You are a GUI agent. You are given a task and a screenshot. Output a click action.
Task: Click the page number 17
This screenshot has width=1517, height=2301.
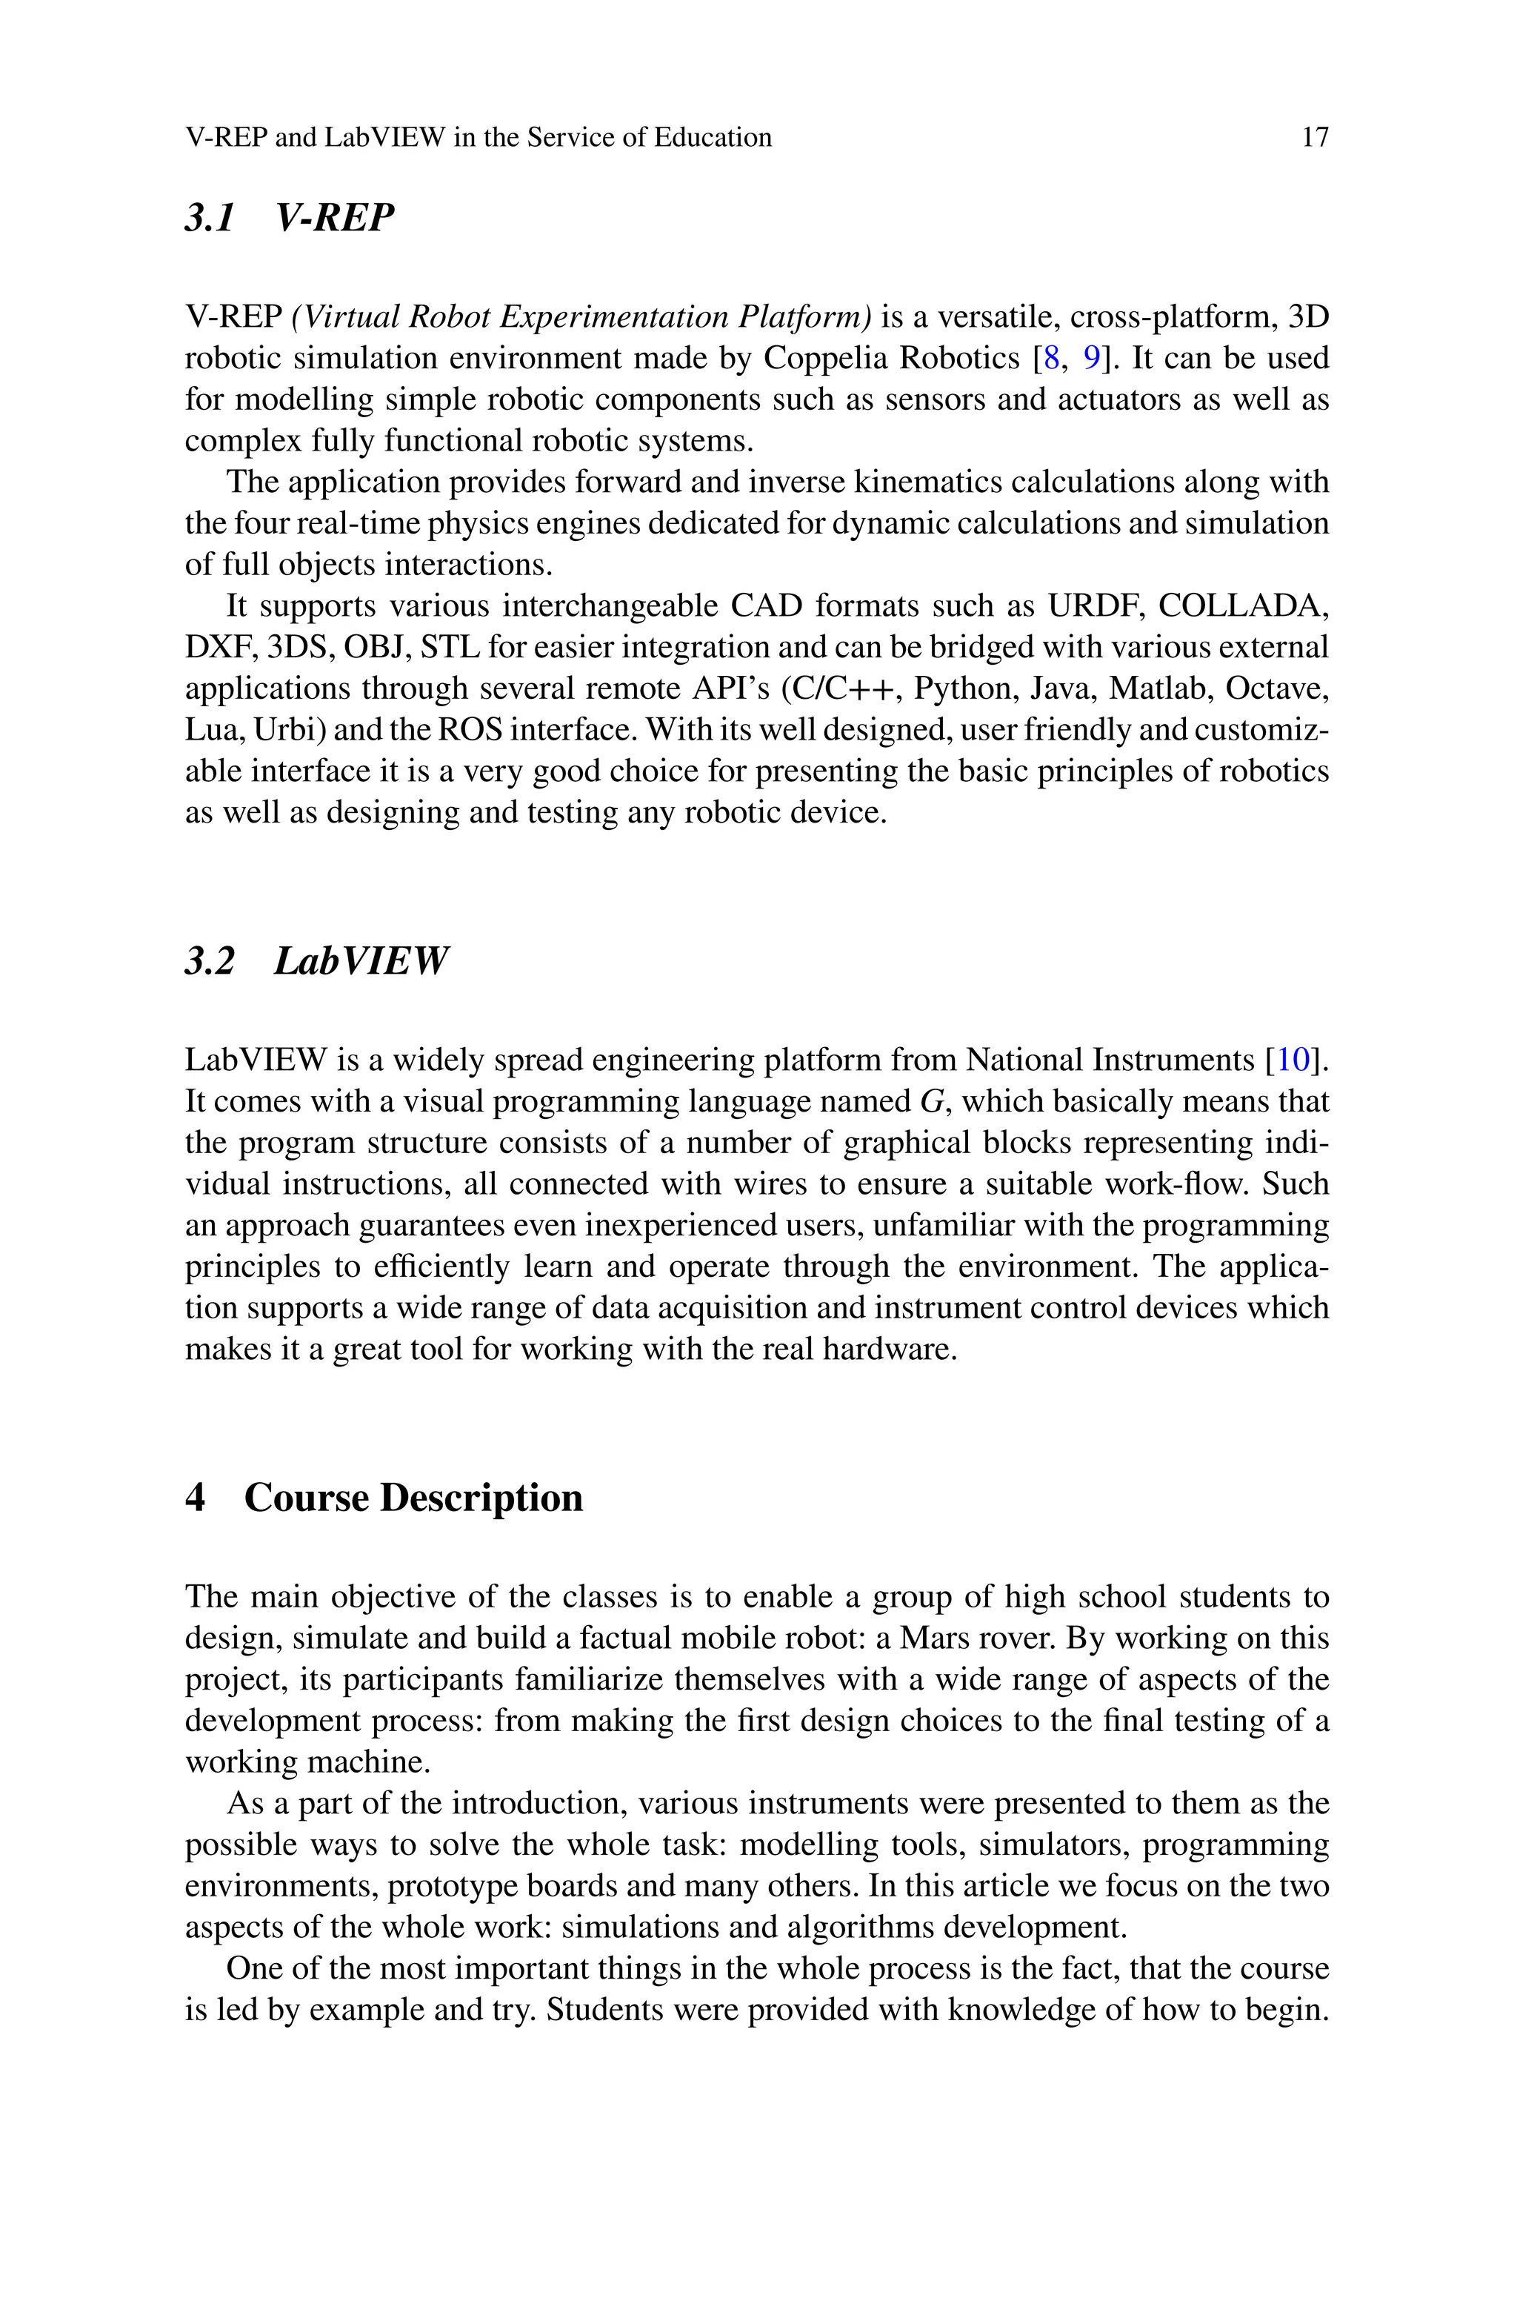click(1315, 137)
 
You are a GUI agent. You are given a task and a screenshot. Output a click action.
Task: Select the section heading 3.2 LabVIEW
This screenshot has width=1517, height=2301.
click(316, 961)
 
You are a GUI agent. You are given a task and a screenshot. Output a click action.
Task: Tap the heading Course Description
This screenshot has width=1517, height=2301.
click(413, 1497)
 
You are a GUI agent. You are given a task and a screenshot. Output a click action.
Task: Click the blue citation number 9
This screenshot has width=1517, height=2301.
click(1090, 358)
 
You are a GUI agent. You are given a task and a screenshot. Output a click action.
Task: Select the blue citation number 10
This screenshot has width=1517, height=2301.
click(1293, 1060)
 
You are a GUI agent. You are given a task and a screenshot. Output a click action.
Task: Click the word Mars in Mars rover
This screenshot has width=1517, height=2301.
click(930, 1638)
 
